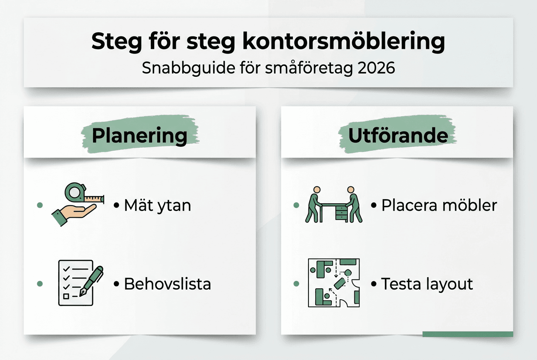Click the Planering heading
click(139, 136)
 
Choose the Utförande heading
click(398, 135)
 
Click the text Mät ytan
click(157, 205)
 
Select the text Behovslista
click(167, 284)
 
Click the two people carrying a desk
click(334, 205)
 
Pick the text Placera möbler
click(439, 205)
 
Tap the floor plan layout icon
click(334, 283)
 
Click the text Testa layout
click(427, 284)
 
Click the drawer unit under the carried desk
click(341, 212)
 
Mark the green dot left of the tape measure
click(40, 205)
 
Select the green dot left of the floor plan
click(297, 284)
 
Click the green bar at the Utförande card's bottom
click(467, 334)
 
